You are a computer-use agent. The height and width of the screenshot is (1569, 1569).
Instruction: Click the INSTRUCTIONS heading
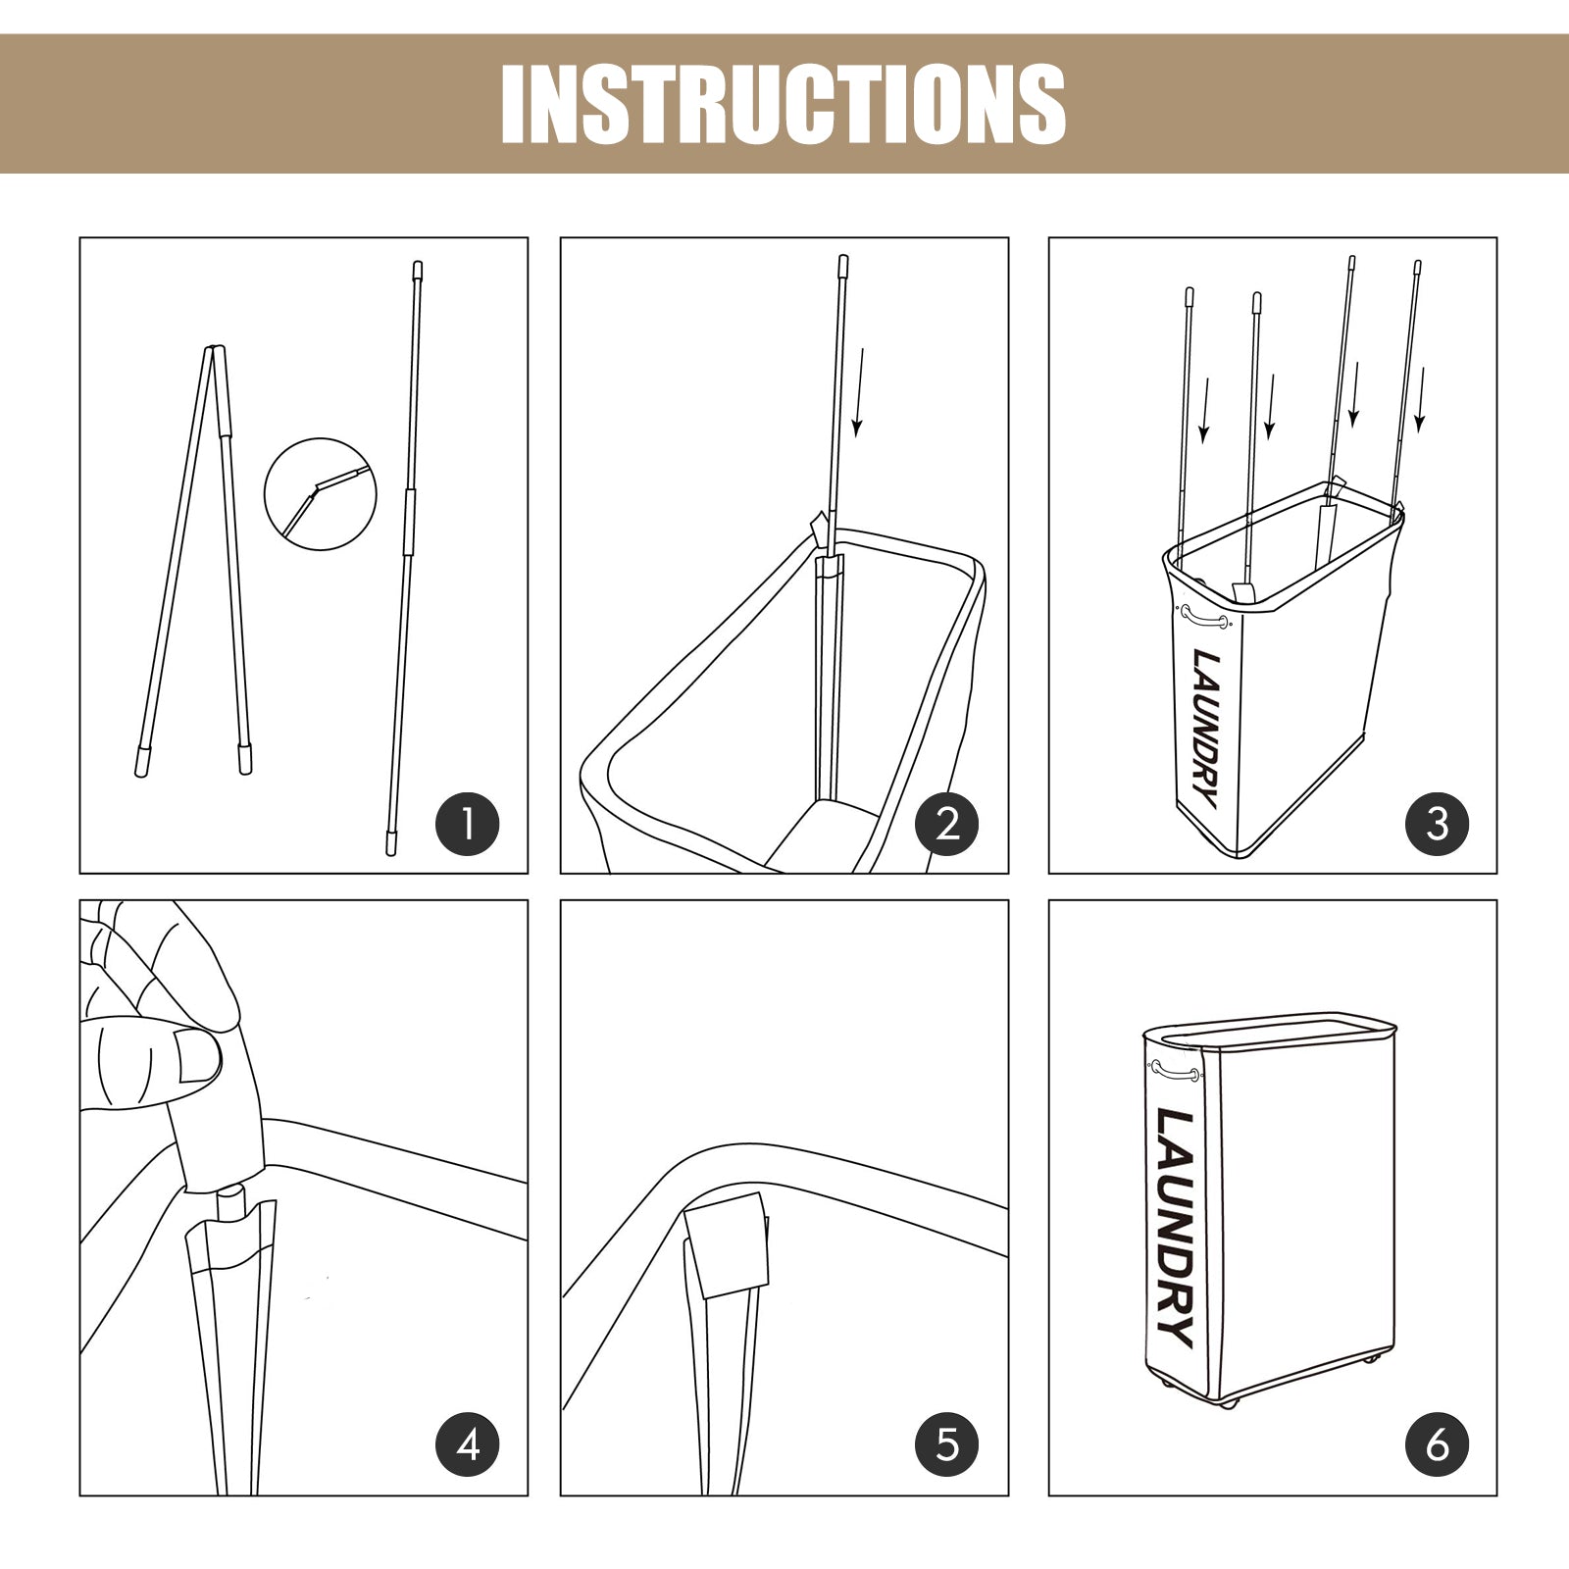point(783,104)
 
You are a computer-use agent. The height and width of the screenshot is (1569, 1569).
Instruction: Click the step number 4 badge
point(468,1443)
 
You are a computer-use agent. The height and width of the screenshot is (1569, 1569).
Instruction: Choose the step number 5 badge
point(947,1443)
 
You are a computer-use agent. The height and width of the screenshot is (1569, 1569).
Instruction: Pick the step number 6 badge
point(1437,1443)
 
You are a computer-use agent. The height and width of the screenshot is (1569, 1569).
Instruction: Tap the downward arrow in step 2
point(859,391)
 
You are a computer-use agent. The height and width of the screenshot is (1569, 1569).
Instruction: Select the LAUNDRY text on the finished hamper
point(1175,1228)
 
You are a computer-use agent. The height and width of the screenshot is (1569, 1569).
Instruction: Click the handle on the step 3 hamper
point(1204,618)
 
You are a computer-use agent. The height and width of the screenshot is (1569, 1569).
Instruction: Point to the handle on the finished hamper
point(1176,1072)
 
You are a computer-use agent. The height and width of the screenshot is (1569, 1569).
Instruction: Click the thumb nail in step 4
point(198,1056)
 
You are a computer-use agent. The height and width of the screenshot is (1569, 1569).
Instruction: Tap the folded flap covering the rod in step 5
point(727,1246)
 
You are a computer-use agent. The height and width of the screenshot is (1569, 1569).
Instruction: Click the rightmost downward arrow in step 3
point(1420,399)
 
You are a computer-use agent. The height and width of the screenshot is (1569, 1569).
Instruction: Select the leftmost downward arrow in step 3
point(1204,410)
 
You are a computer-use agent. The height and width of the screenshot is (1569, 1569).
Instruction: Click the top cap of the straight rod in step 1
point(417,270)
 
